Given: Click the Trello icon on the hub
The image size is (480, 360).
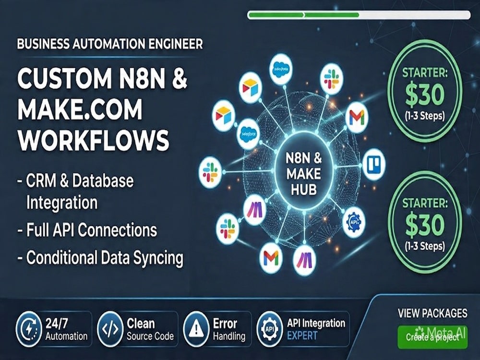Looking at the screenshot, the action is pos(374,164).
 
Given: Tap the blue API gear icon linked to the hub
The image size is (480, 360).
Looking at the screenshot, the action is pos(354,222).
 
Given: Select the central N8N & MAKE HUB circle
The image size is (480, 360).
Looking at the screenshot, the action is pos(304,174).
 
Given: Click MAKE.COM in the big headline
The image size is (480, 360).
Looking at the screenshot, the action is pos(80,109).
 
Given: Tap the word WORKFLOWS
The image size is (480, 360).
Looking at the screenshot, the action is pos(94,140).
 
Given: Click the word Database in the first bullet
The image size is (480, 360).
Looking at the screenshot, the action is pos(104,180).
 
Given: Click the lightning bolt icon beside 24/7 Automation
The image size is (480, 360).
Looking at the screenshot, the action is pos(28,329).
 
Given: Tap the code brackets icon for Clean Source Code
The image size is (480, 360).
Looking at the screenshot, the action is pos(110,329).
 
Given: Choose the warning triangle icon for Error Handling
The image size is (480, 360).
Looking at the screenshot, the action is pos(195,329).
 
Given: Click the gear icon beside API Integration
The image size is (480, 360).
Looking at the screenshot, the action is pos(269,329).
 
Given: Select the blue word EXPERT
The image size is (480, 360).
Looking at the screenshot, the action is pos(302,336).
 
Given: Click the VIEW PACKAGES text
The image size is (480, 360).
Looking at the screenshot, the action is pos(432,313).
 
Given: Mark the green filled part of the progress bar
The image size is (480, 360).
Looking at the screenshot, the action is pos(304,15).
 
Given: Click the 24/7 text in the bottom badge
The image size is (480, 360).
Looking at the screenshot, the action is pos(57,323).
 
